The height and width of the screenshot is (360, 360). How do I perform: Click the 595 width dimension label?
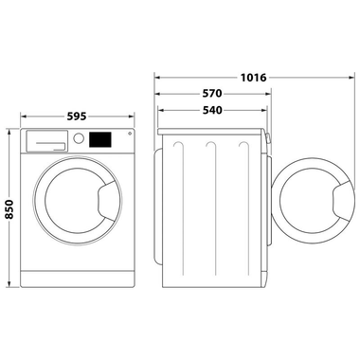[x=77, y=116]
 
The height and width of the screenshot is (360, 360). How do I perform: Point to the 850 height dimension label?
[x=10, y=207]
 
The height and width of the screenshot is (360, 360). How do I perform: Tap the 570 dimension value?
[x=212, y=94]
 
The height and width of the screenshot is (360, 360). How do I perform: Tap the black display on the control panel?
[x=99, y=138]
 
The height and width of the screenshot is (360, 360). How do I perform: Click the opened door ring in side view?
[x=309, y=201]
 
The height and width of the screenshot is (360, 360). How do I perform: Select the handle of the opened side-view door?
[x=339, y=201]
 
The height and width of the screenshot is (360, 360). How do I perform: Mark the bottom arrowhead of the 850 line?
[x=10, y=284]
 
